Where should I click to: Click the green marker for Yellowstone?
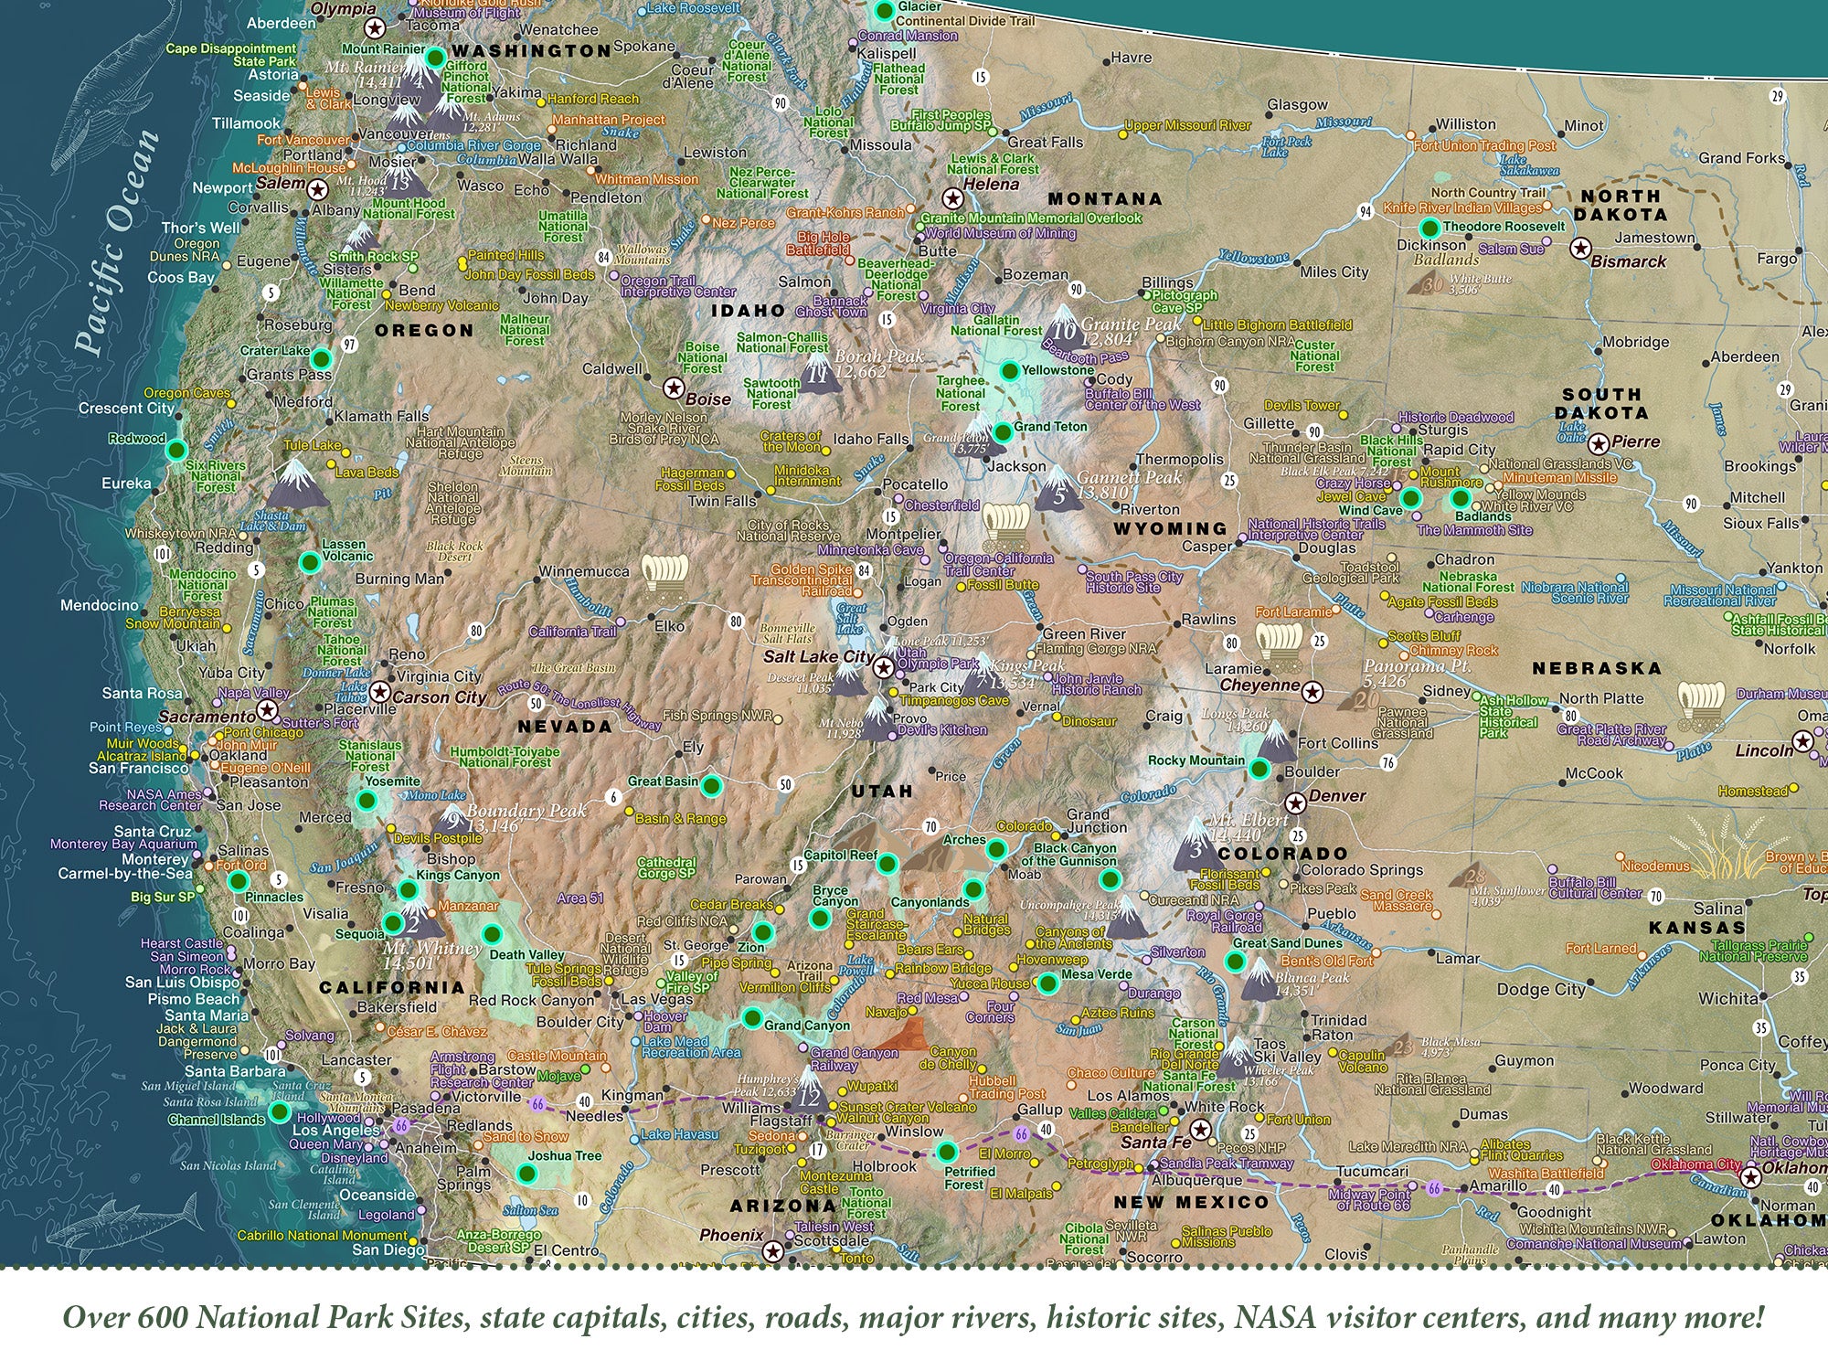click(x=1009, y=370)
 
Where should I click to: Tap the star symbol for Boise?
click(x=674, y=388)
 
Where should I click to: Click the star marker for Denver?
click(x=1294, y=803)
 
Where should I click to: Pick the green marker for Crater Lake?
click(x=321, y=358)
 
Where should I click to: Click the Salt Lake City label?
click(x=818, y=656)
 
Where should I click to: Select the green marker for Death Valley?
click(x=492, y=934)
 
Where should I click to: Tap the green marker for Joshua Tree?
click(x=526, y=1173)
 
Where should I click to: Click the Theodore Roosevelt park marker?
click(x=1429, y=228)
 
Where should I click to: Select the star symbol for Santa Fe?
click(x=1201, y=1130)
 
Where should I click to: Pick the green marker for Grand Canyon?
click(x=752, y=1018)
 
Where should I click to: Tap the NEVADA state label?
click(x=564, y=727)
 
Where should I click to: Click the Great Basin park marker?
click(x=713, y=785)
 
